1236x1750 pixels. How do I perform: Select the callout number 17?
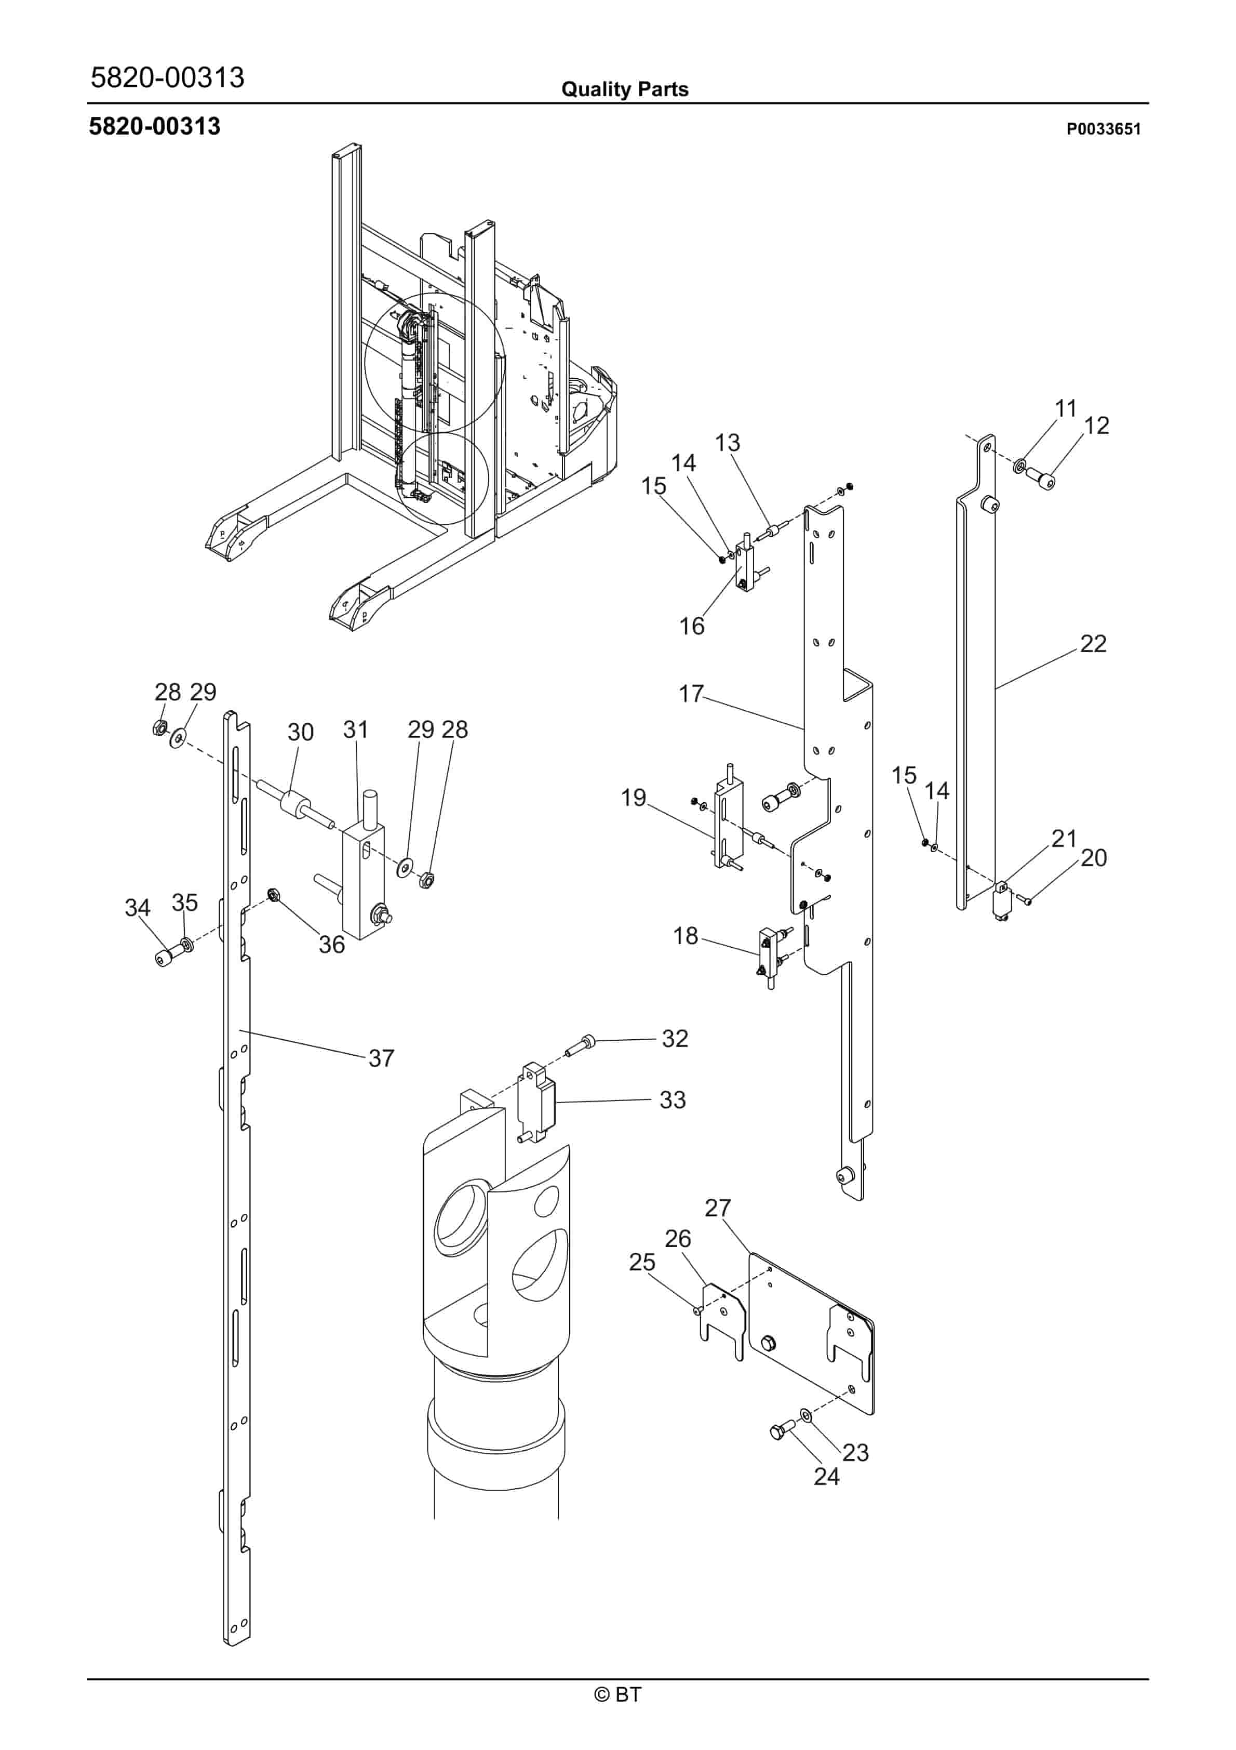pos(691,694)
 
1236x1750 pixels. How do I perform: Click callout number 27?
pos(718,1208)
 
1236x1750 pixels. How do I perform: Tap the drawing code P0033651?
pos(1104,129)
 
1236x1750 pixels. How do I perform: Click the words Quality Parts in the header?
pos(625,89)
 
